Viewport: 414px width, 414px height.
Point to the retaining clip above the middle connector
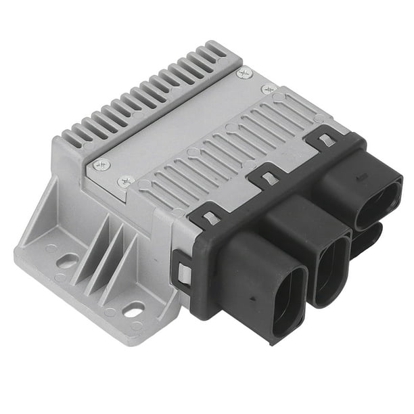(267, 177)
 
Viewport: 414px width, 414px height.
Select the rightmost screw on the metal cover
(269, 89)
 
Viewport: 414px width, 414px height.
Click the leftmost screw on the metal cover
(101, 164)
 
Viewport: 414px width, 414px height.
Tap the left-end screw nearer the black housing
(126, 181)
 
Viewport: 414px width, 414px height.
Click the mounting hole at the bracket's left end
(68, 260)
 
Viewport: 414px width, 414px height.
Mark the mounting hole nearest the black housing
(134, 310)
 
